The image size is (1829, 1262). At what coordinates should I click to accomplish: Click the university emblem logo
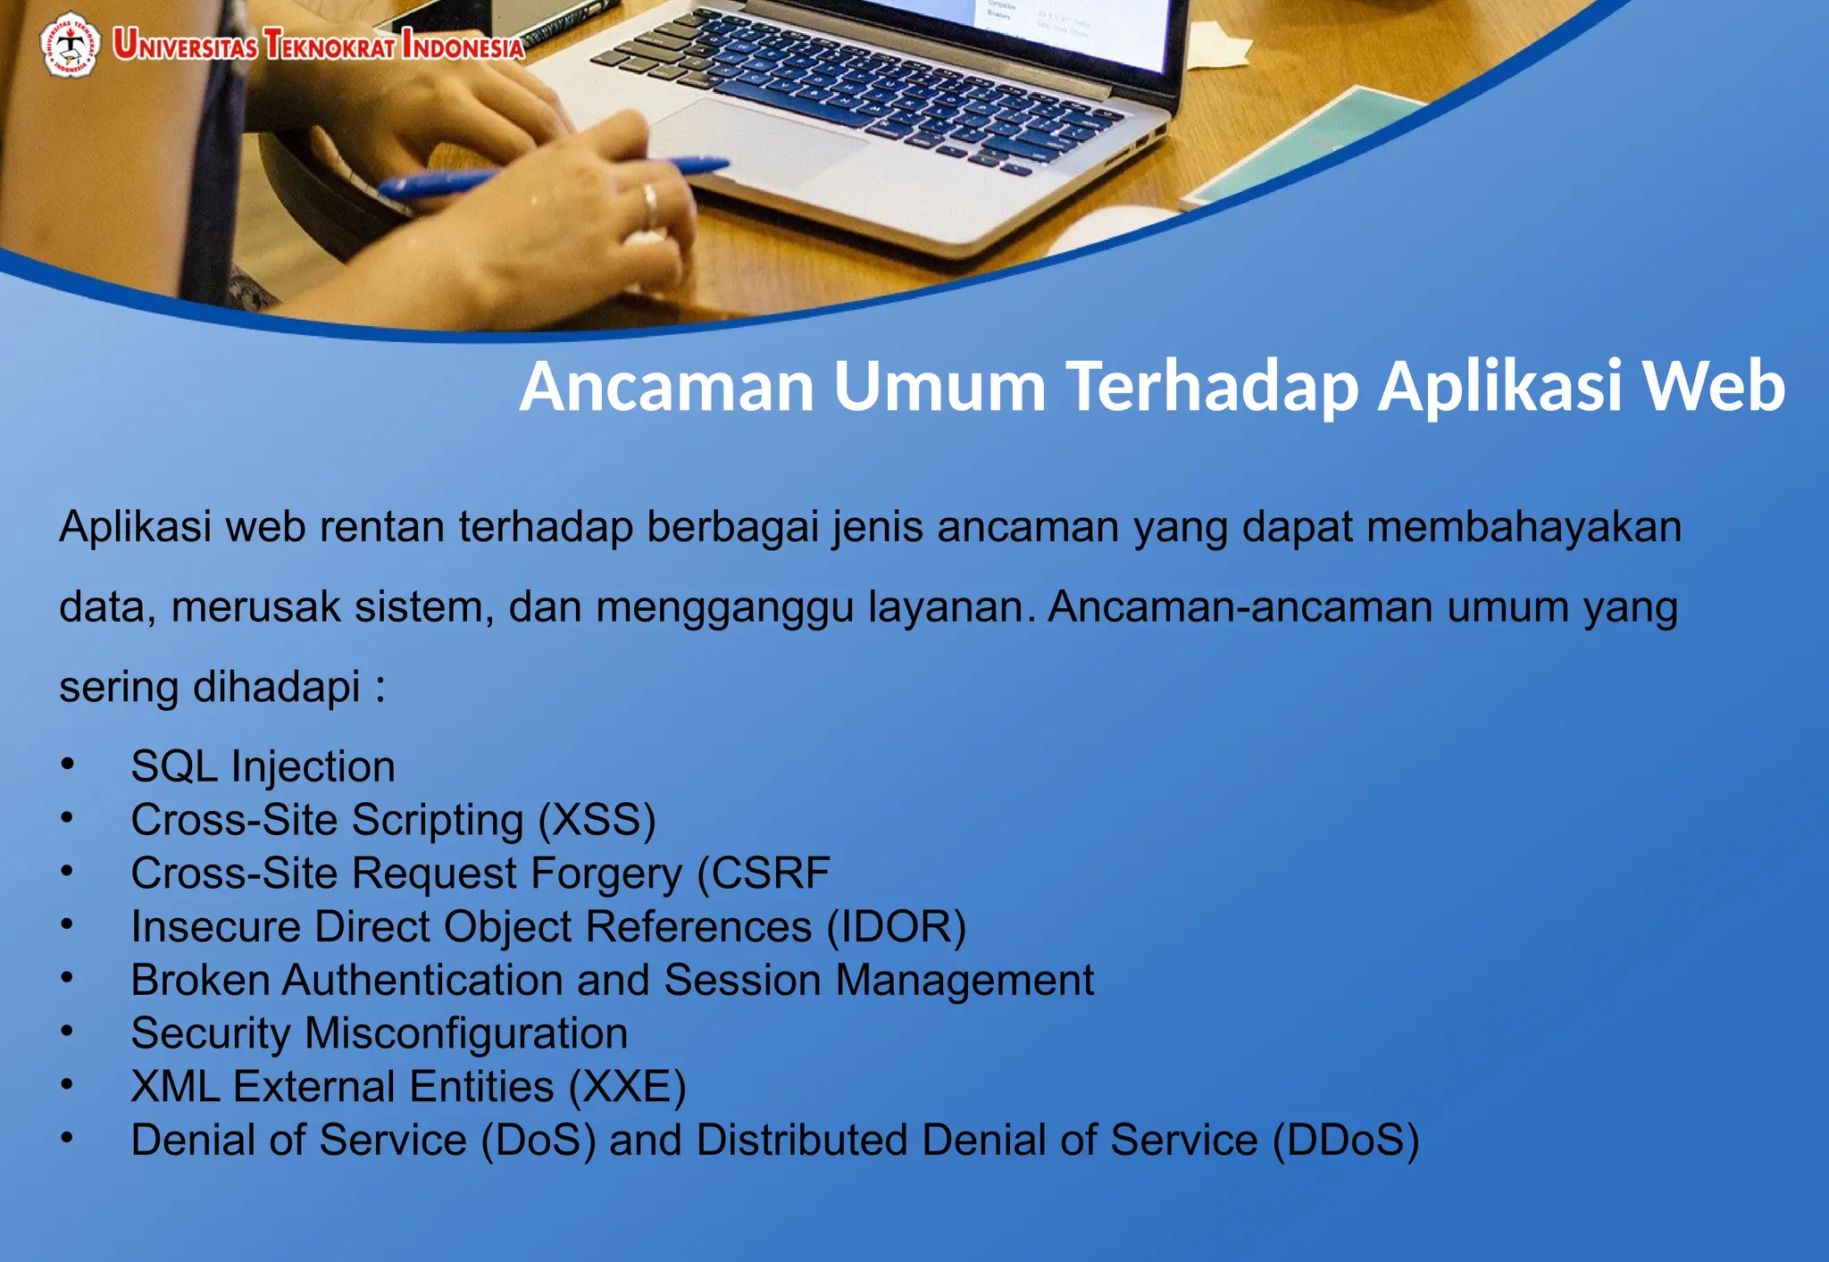point(70,44)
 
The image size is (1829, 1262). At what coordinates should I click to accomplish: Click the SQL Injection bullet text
point(263,766)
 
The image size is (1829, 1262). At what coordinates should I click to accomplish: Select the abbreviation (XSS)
point(597,820)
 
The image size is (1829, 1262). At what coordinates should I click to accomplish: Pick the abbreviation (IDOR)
point(896,926)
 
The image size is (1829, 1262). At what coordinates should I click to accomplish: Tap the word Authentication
point(422,980)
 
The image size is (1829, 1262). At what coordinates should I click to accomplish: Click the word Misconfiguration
point(466,1033)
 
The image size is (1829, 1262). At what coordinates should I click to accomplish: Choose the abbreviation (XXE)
point(628,1087)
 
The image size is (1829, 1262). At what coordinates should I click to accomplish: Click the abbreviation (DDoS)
point(1345,1141)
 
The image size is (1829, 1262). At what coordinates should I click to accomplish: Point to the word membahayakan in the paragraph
point(1524,526)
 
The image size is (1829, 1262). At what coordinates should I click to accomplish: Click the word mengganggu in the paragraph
point(725,607)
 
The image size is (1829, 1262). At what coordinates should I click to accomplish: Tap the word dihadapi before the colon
point(277,687)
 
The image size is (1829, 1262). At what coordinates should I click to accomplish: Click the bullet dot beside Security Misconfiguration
point(67,1032)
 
